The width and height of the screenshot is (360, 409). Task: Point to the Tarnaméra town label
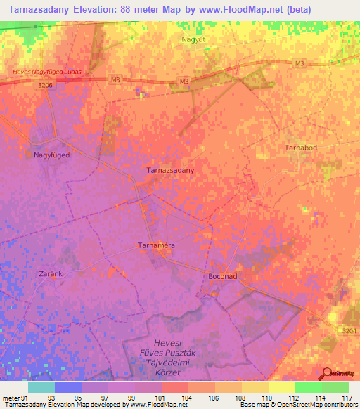click(x=155, y=245)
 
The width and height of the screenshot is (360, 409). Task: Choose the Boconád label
click(x=224, y=277)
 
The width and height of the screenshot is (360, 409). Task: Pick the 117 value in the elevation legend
click(x=346, y=398)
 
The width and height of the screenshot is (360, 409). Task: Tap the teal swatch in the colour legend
click(x=41, y=387)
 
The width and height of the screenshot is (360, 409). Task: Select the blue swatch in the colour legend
click(x=68, y=387)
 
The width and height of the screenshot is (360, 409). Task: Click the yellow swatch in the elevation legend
click(x=282, y=387)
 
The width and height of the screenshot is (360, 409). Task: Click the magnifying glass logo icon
click(x=327, y=374)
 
